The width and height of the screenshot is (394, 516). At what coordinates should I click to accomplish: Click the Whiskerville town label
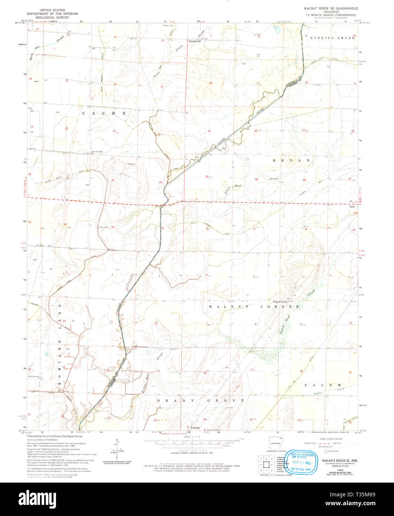[194, 41]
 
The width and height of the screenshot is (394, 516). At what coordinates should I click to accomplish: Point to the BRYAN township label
[291, 160]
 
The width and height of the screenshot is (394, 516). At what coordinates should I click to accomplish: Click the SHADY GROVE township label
[201, 401]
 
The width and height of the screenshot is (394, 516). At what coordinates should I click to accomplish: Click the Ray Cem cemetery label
[131, 164]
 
